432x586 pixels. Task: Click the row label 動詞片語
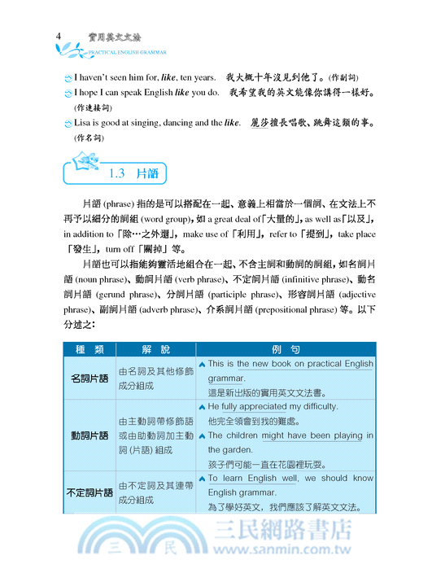[x=89, y=435]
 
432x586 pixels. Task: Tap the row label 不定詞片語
[x=89, y=493]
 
